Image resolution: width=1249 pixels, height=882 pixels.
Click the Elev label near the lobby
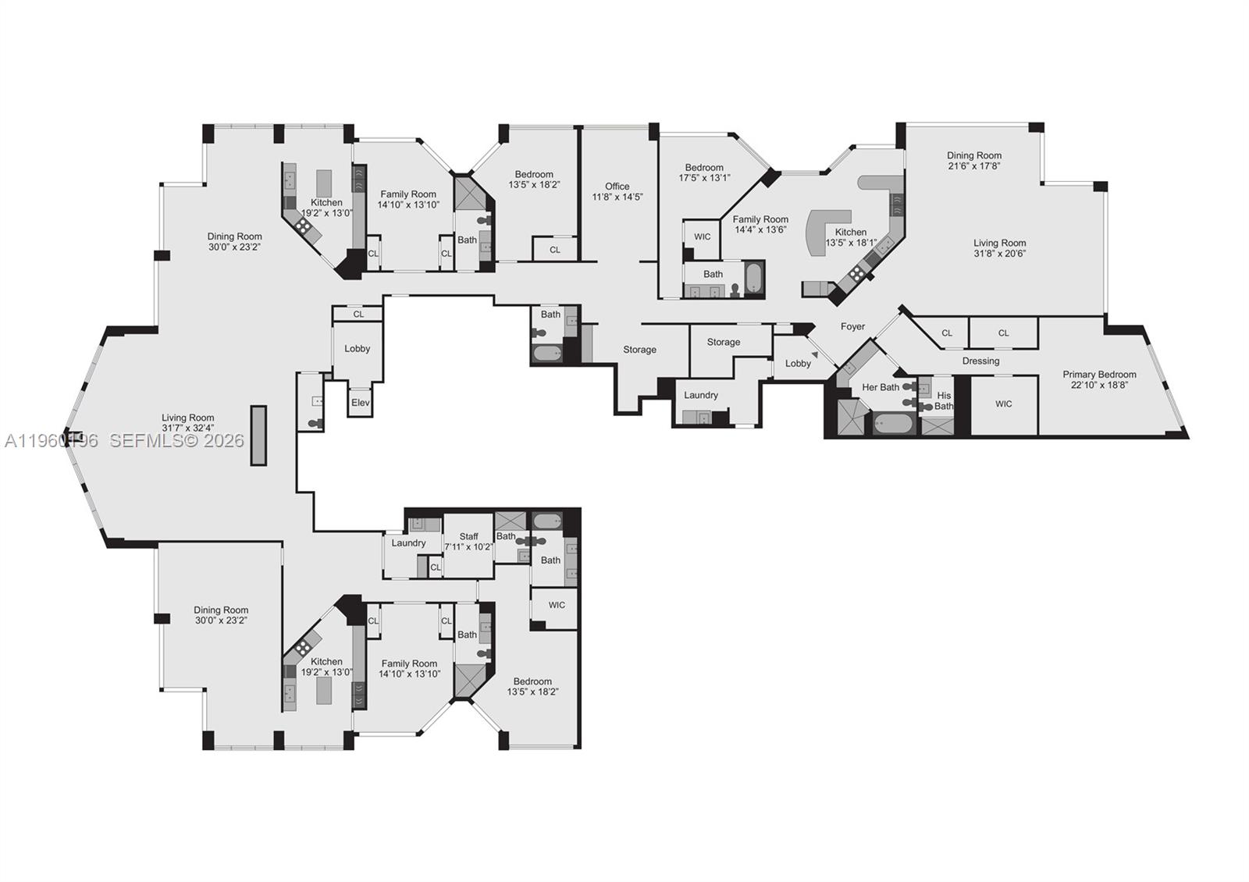tap(360, 403)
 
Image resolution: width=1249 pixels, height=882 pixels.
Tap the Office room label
tap(617, 186)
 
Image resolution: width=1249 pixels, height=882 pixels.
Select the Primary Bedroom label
tap(1099, 374)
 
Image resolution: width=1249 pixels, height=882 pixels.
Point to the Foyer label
tap(852, 326)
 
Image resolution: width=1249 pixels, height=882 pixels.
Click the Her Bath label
tap(880, 387)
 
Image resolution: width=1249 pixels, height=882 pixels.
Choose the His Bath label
tap(944, 400)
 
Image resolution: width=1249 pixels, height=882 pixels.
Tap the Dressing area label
tap(980, 361)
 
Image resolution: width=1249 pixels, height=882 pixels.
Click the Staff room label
tap(468, 536)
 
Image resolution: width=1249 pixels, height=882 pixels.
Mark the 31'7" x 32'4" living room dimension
tap(188, 428)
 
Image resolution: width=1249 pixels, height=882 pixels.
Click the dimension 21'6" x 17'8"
tap(974, 165)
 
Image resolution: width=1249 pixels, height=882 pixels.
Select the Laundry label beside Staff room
tap(408, 542)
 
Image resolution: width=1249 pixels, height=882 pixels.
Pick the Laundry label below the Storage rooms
tap(700, 395)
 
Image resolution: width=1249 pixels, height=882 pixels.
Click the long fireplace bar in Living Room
tap(258, 436)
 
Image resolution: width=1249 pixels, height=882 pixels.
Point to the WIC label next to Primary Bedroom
tap(1003, 404)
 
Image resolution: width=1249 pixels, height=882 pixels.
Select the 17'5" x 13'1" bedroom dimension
tap(704, 177)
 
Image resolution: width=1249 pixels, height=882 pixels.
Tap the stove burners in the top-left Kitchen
tap(303, 226)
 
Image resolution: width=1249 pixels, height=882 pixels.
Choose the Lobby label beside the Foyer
tap(798, 363)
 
